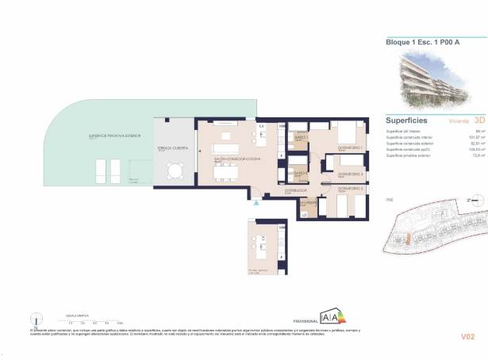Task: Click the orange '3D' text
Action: click(478, 121)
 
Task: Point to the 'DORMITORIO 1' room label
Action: click(351, 148)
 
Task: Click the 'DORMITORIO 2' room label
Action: click(350, 190)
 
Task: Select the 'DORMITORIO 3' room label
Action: click(350, 173)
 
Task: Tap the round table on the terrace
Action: click(175, 170)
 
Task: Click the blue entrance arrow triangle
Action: click(256, 203)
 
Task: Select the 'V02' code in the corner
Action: click(468, 337)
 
